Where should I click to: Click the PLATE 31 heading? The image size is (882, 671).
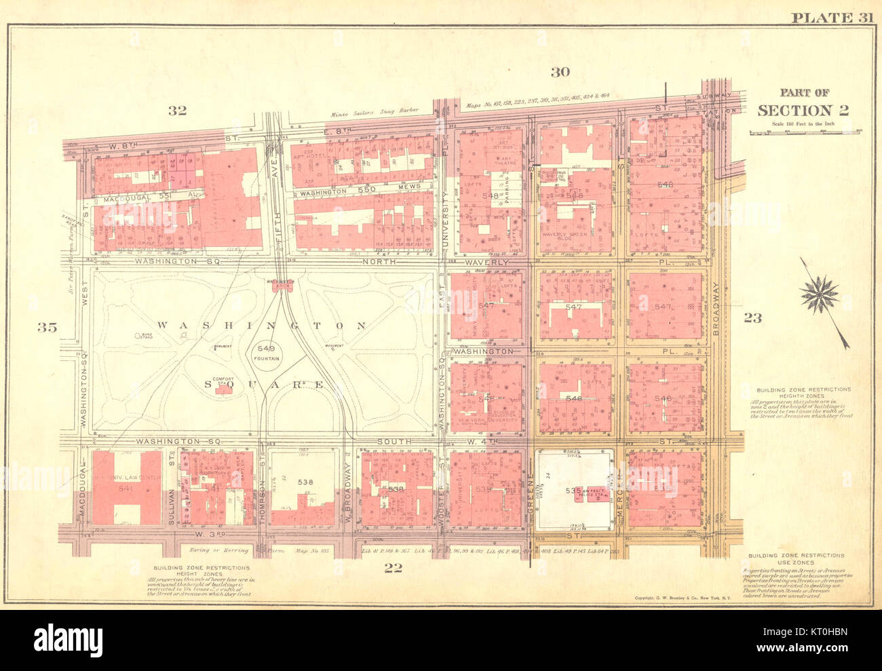pyautogui.click(x=830, y=18)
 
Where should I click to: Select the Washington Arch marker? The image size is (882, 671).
pyautogui.click(x=280, y=285)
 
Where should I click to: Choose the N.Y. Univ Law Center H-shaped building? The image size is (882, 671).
pyautogui.click(x=127, y=487)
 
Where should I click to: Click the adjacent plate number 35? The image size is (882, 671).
pyautogui.click(x=47, y=328)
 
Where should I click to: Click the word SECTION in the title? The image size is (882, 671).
pyautogui.click(x=795, y=111)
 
